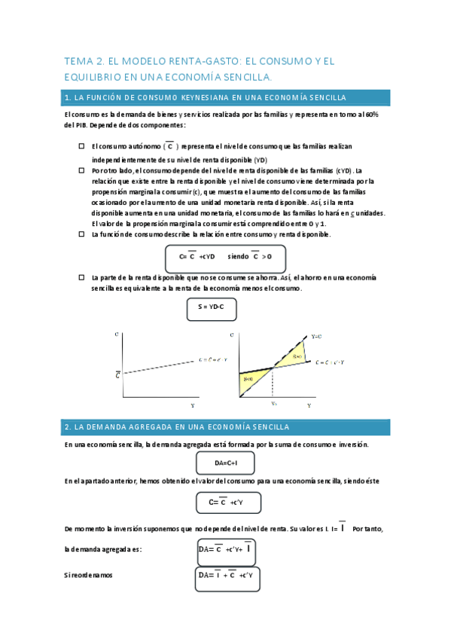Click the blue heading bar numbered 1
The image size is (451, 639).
(x=227, y=98)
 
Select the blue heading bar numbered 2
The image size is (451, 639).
(x=227, y=427)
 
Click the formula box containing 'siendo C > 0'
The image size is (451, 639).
(x=224, y=257)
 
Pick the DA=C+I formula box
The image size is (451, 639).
(x=225, y=463)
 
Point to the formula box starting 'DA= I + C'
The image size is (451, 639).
(x=226, y=576)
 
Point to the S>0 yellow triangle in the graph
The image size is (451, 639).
(x=296, y=355)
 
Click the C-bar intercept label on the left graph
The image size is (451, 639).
(x=117, y=373)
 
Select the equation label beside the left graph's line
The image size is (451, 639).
(x=212, y=359)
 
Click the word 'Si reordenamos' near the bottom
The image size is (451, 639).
(x=89, y=575)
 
